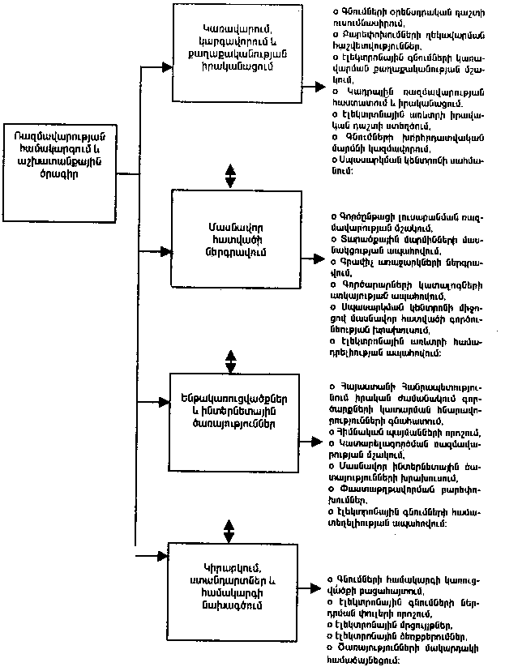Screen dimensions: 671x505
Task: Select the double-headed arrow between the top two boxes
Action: pos(231,176)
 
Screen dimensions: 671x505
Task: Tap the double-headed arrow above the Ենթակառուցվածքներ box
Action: pos(231,360)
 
